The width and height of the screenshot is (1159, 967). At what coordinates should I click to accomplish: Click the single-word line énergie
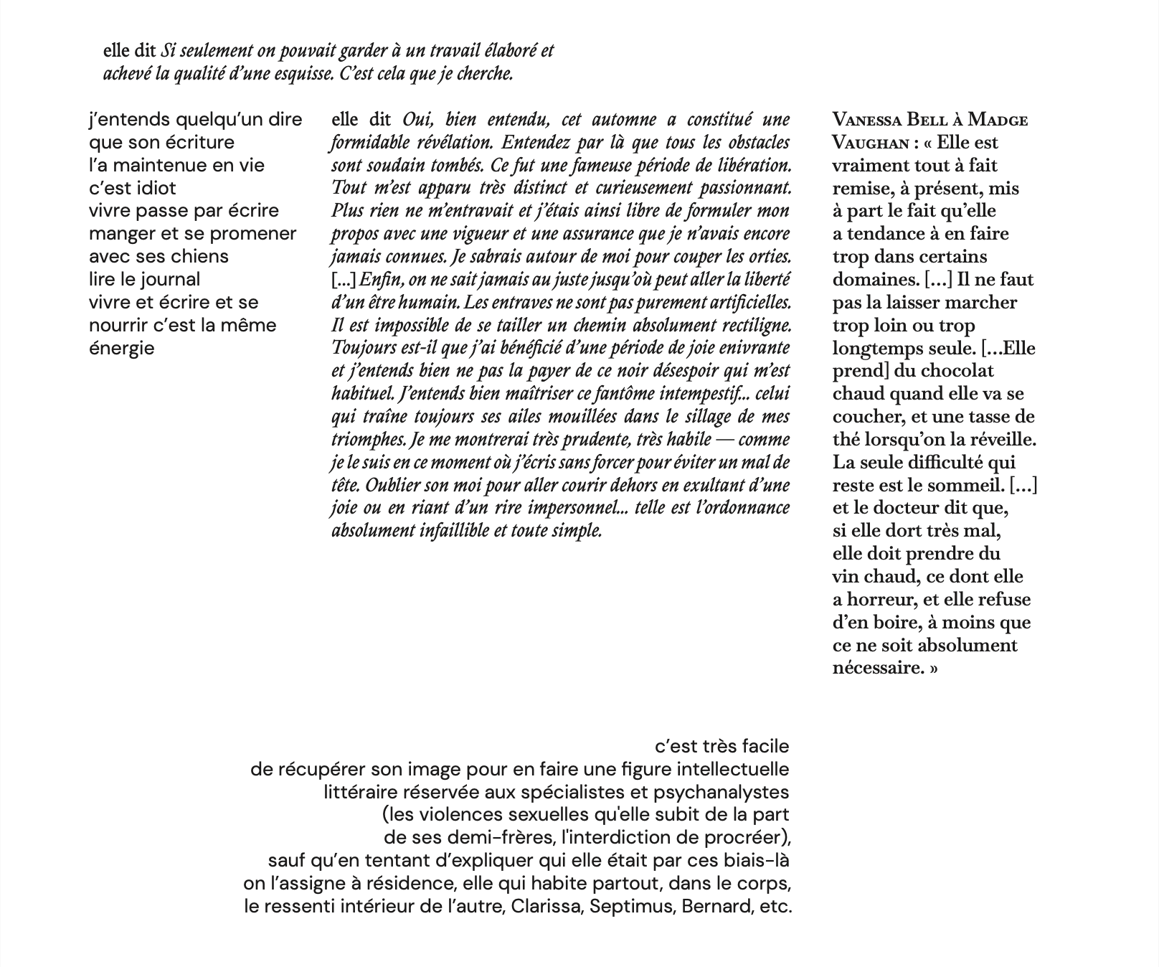pyautogui.click(x=121, y=348)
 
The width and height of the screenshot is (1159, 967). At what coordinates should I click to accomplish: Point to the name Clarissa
pyautogui.click(x=547, y=906)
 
